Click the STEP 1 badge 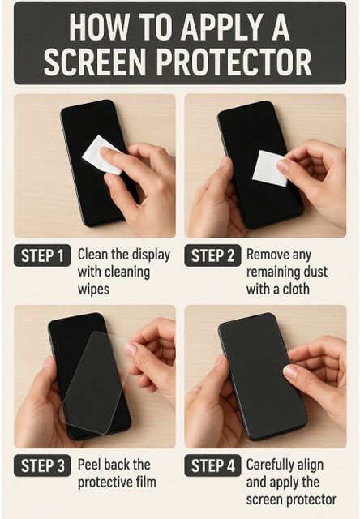(x=42, y=255)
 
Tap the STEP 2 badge (x=212, y=255)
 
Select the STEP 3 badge (x=42, y=465)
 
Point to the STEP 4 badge (x=212, y=465)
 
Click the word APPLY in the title (x=221, y=28)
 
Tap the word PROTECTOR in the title (x=234, y=62)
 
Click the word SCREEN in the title (x=95, y=62)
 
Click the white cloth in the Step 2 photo (x=270, y=168)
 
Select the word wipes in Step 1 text (x=93, y=289)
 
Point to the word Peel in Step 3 (x=88, y=465)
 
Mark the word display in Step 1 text (x=151, y=255)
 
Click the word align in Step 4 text (x=311, y=465)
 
